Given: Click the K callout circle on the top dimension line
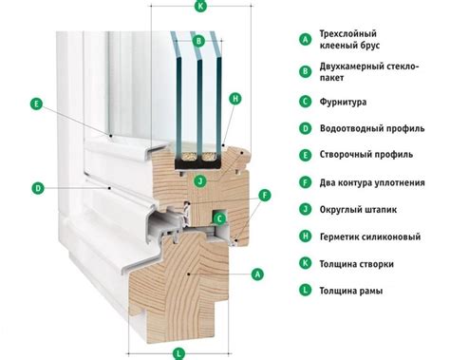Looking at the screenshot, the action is (x=200, y=6).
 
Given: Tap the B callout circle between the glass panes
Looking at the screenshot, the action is (x=198, y=41).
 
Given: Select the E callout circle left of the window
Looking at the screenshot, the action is (x=36, y=104).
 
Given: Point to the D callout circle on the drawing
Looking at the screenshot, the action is (x=38, y=188).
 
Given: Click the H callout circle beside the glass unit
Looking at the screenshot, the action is (x=235, y=99).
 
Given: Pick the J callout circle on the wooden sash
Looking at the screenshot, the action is (x=200, y=181).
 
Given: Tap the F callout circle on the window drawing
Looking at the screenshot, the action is (x=265, y=195).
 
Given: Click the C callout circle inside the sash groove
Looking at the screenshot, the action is (x=220, y=218).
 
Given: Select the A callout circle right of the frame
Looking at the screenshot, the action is (x=257, y=274).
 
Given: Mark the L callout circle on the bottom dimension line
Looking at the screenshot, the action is (x=179, y=353).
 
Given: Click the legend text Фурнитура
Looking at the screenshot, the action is (x=343, y=102).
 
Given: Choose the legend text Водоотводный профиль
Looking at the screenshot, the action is (x=372, y=128).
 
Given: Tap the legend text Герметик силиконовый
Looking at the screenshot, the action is (x=370, y=237).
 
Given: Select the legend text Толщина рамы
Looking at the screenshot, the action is (x=351, y=291).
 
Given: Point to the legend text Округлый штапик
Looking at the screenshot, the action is (x=358, y=209).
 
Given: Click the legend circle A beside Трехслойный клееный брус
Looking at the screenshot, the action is (x=305, y=39).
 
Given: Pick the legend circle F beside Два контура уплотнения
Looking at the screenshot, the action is (x=305, y=182).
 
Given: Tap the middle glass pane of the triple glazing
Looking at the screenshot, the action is (x=199, y=95).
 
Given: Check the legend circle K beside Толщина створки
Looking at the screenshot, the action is (x=305, y=263).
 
